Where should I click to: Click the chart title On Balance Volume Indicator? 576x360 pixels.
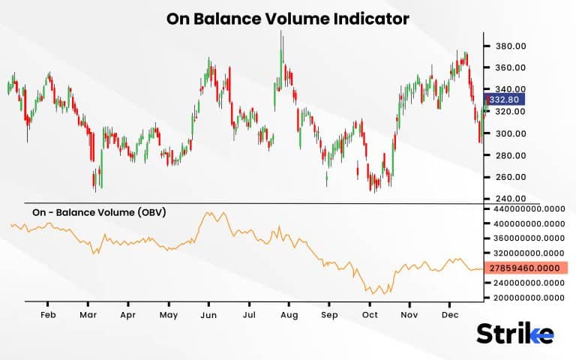pos(288,19)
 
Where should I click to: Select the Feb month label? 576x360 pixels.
pos(49,316)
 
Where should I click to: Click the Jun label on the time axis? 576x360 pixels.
pos(209,316)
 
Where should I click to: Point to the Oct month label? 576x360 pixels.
pos(370,316)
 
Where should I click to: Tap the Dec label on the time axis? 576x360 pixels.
pos(450,316)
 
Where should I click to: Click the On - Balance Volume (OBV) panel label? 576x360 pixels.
pos(99,212)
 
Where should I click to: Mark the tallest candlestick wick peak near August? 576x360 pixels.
pos(281,31)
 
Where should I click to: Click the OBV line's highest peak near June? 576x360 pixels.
pos(207,213)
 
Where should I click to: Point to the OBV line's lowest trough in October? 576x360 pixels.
pos(384,294)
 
